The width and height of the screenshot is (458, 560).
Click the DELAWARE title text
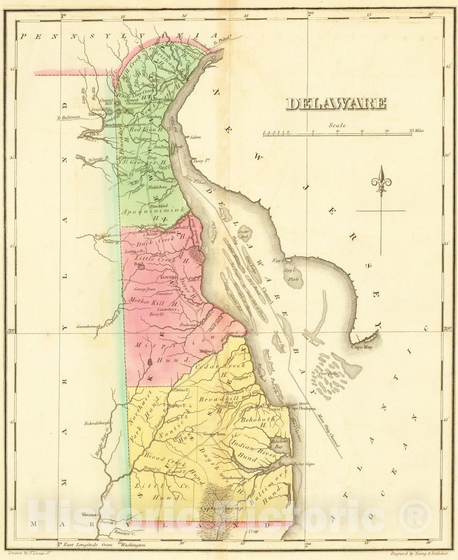pos(336,104)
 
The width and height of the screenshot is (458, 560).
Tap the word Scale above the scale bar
pos(337,125)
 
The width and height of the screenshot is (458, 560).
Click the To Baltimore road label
pos(69,118)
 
